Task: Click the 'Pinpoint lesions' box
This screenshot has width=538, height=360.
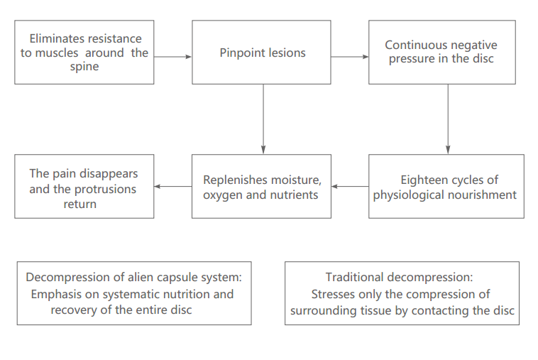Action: point(263,52)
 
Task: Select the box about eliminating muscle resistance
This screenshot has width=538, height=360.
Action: point(84,52)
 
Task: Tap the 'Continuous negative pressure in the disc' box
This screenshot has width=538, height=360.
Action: point(441,52)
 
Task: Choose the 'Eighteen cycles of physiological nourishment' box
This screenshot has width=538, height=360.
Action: point(445,186)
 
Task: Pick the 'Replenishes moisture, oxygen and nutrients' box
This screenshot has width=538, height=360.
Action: point(261,186)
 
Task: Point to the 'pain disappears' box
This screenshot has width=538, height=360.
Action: point(84,186)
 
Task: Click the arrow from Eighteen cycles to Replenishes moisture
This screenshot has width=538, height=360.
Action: point(349,187)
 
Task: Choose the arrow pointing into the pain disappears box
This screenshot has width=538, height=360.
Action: point(172,187)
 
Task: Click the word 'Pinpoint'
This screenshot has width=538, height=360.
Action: point(241,53)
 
